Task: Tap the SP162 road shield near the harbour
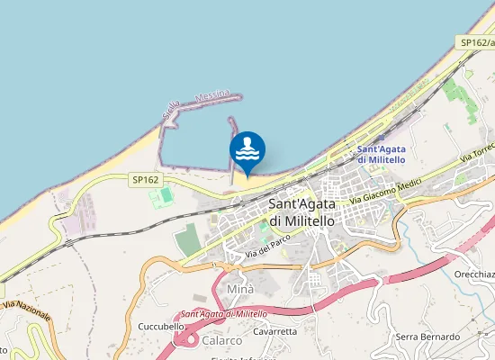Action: pyautogui.click(x=145, y=180)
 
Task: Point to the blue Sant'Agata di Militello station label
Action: pyautogui.click(x=381, y=154)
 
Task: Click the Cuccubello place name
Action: pyautogui.click(x=161, y=326)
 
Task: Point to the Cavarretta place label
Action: pyautogui.click(x=274, y=331)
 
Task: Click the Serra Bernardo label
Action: pyautogui.click(x=427, y=337)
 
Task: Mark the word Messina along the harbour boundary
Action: pyautogui.click(x=212, y=94)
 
